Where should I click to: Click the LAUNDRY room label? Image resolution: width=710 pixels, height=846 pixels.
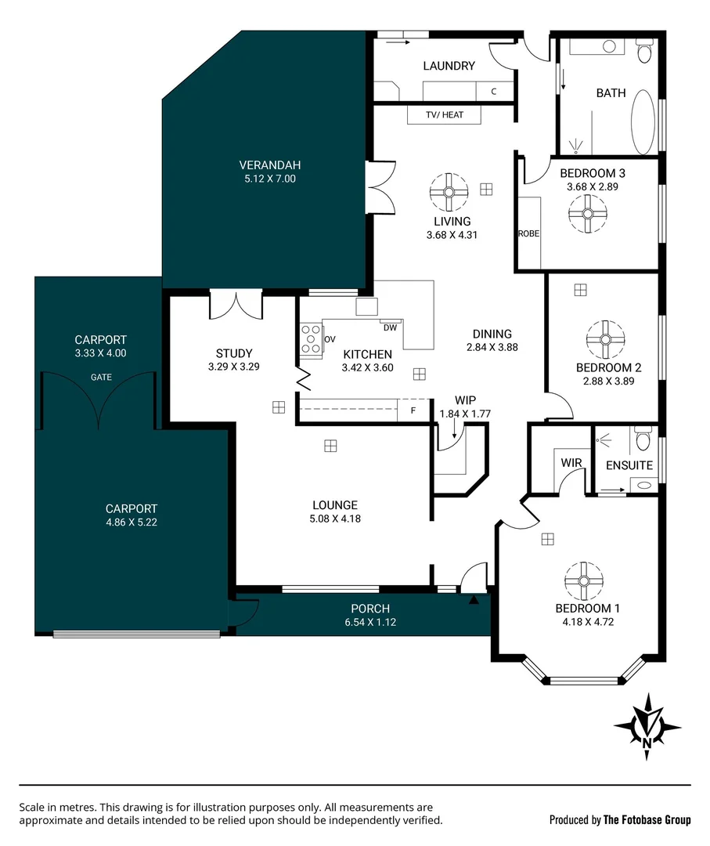449,66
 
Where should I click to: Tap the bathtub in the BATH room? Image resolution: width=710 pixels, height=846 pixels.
643,122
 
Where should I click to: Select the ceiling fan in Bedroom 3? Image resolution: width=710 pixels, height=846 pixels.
587,214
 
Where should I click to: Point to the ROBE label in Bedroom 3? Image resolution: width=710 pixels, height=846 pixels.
528,233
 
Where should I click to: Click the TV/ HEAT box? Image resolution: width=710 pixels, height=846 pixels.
444,114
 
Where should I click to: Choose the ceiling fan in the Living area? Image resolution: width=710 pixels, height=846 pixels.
449,192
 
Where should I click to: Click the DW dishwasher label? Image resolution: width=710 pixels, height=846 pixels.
390,327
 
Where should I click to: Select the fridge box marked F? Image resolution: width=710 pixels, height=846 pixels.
413,410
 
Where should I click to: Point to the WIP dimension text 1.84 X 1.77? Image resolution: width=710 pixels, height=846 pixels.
465,414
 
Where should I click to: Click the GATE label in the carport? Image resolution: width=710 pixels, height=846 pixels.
101,377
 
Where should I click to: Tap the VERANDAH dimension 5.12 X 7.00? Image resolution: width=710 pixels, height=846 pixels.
269,179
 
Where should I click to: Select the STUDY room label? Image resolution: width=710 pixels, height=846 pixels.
234,353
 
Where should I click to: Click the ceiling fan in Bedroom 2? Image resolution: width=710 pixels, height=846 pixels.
605,339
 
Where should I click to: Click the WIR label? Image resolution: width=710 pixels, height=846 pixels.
571,463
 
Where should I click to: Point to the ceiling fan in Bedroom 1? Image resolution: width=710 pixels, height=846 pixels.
584,581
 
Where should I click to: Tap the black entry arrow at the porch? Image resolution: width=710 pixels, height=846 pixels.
474,599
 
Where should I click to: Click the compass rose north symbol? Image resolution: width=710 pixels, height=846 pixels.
647,727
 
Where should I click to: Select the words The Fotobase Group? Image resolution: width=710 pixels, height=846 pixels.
647,820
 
